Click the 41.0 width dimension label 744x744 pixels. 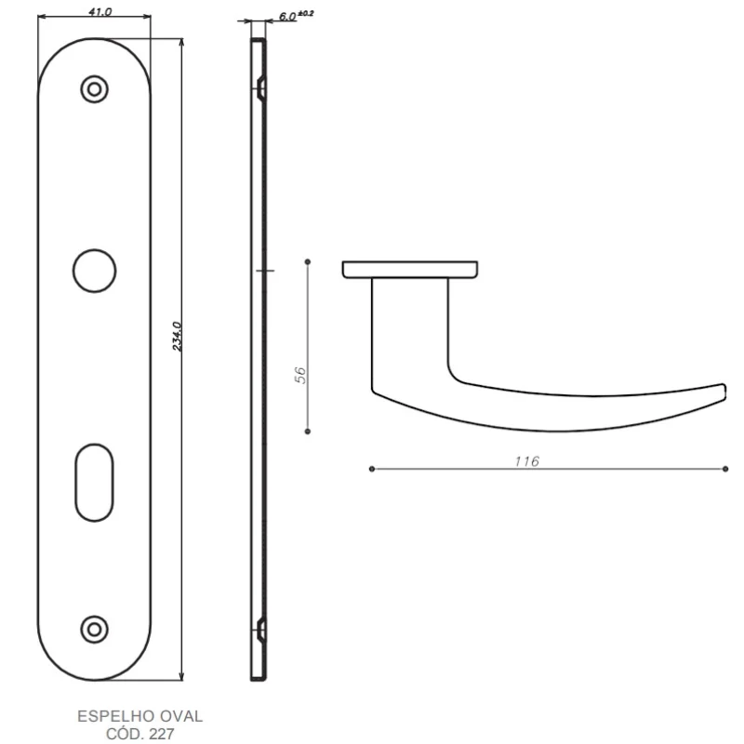[100, 11]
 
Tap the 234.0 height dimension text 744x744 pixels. [177, 336]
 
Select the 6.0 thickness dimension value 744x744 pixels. [287, 16]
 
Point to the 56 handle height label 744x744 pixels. [300, 375]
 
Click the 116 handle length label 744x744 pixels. [527, 460]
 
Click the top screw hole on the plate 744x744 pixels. [95, 89]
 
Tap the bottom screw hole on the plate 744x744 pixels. [95, 630]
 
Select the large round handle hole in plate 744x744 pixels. [95, 271]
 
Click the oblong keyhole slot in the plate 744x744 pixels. [95, 483]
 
